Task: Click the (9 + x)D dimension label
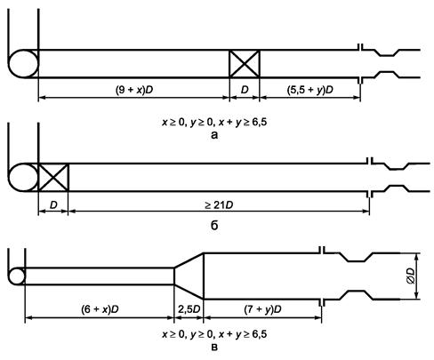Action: [x=134, y=90]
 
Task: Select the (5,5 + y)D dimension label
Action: [x=310, y=90]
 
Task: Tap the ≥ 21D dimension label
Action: [x=219, y=204]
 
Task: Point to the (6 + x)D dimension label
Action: [x=100, y=309]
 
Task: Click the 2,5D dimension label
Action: [x=189, y=309]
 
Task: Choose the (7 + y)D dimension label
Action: [x=262, y=309]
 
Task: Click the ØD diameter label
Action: [x=410, y=276]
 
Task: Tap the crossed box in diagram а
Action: [x=245, y=64]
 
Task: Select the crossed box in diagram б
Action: [x=53, y=177]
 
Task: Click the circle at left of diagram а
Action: [x=23, y=64]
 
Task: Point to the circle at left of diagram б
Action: [x=23, y=177]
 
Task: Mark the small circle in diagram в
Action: [x=17, y=276]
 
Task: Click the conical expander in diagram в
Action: [x=189, y=276]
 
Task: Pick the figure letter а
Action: [x=214, y=135]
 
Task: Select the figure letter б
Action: [x=214, y=226]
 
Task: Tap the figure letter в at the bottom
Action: [x=214, y=347]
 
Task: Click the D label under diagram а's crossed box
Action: [x=245, y=90]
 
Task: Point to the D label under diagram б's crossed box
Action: [x=53, y=204]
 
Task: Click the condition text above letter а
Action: [x=214, y=122]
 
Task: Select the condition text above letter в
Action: [x=214, y=334]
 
